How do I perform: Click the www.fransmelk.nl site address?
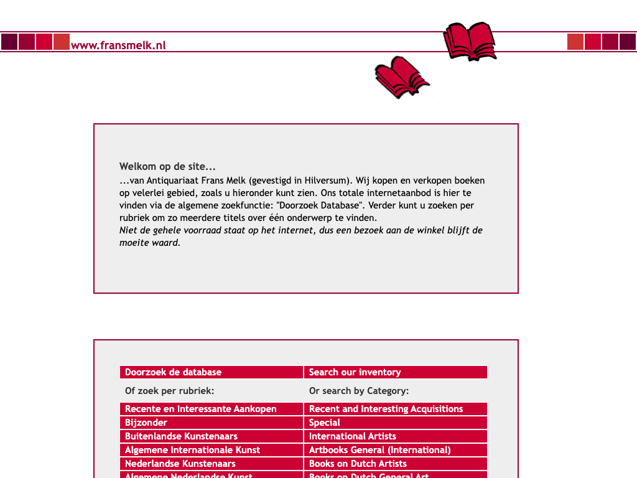[118, 45]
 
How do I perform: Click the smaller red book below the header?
[401, 78]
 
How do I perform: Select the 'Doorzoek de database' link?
[173, 372]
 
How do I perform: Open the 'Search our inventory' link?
[355, 372]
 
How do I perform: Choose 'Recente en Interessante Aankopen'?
[200, 409]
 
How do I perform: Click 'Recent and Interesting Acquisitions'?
[386, 409]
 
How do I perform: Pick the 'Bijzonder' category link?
[146, 423]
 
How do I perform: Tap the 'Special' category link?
[324, 423]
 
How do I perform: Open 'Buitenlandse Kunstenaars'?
[181, 436]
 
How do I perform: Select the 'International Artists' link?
[352, 436]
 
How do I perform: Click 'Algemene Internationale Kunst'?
[192, 450]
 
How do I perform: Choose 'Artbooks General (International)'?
[379, 450]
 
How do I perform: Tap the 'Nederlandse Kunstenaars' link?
[180, 464]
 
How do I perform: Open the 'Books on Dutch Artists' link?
[358, 464]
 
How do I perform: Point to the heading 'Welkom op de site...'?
[167, 167]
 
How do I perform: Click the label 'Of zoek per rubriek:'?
[169, 391]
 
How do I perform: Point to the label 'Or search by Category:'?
[358, 391]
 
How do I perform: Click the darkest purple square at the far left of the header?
[9, 42]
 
